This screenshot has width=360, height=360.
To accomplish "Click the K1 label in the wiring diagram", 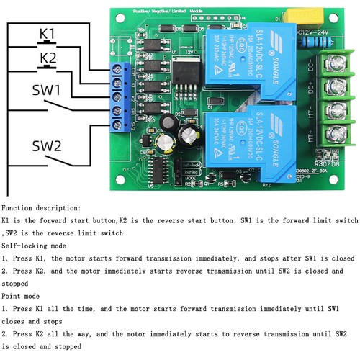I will pyautogui.click(x=47, y=34).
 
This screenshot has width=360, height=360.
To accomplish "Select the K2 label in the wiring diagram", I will pyautogui.click(x=47, y=57).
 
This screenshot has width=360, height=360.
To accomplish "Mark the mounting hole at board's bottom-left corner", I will pyautogui.click(x=119, y=177).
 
